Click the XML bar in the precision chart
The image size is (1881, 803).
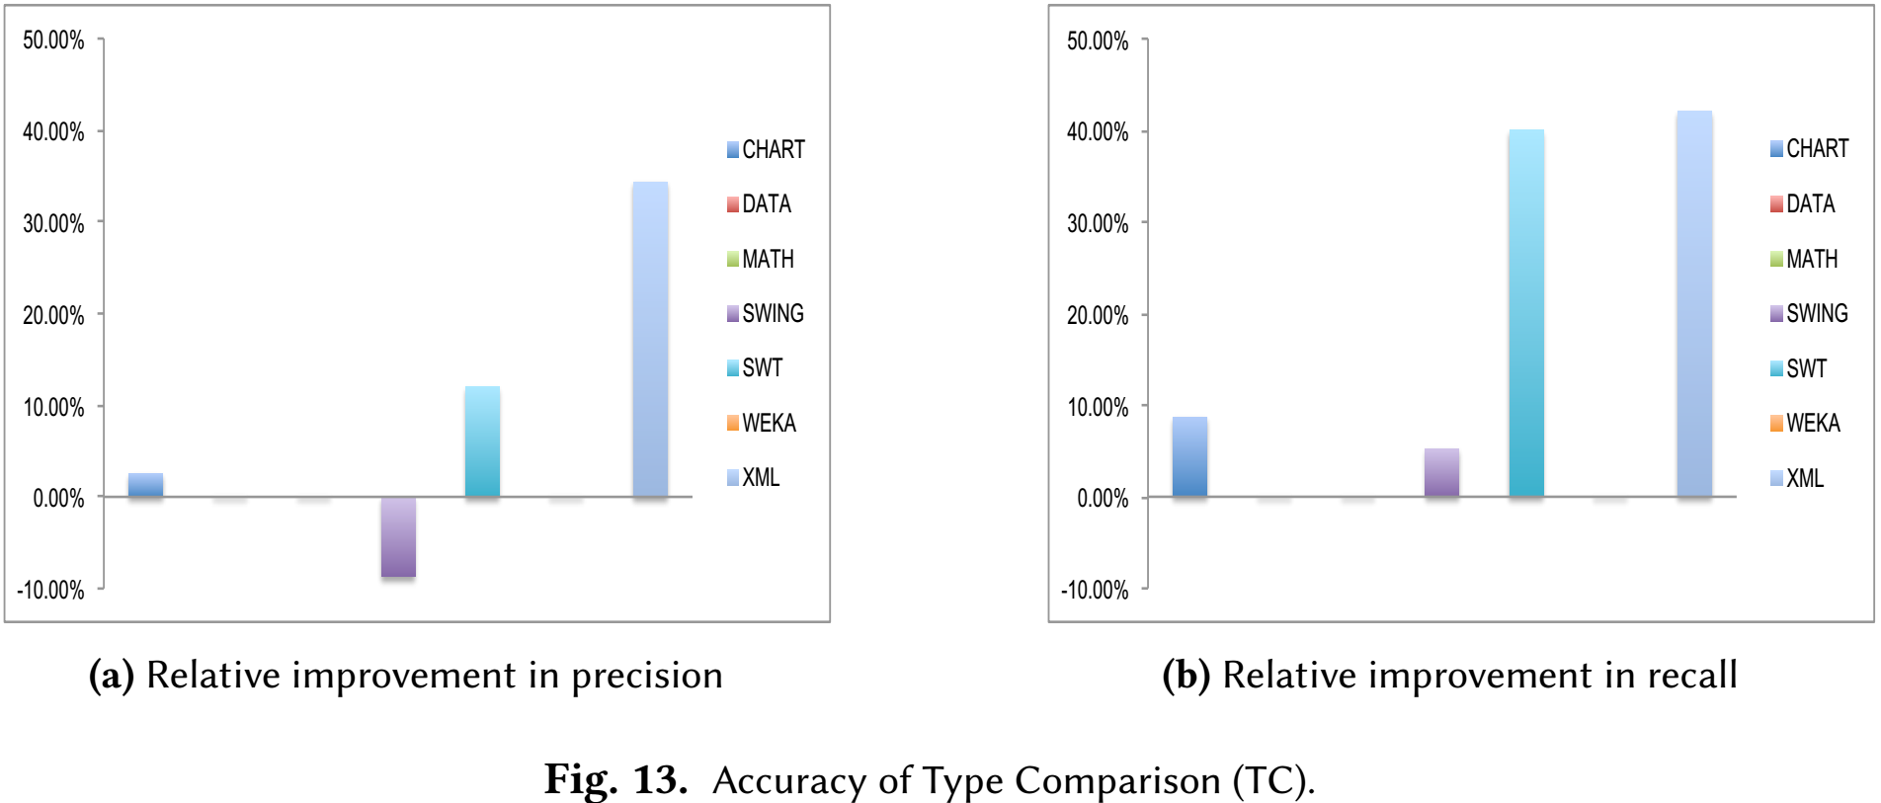(650, 339)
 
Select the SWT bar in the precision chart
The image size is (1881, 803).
(482, 442)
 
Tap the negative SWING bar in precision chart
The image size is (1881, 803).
(398, 537)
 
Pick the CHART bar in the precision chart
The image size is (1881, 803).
(145, 485)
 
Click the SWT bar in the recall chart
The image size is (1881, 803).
(1526, 313)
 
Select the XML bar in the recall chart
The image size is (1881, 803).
(1694, 303)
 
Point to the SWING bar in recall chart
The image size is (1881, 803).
(1441, 472)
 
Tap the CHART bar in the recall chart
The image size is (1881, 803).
(1189, 456)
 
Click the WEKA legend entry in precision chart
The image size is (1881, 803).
(762, 423)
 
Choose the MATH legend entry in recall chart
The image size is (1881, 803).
(1804, 259)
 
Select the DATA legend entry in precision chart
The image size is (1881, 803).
(759, 203)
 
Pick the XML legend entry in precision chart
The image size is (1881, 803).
(753, 477)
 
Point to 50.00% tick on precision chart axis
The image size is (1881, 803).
(53, 40)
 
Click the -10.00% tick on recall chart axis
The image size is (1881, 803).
(1095, 590)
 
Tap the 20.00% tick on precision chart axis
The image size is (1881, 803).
(53, 315)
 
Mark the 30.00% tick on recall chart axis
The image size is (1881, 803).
(1098, 223)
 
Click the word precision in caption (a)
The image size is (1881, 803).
(647, 677)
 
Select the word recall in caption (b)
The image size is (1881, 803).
(1691, 675)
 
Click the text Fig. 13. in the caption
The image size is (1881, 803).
(615, 779)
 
